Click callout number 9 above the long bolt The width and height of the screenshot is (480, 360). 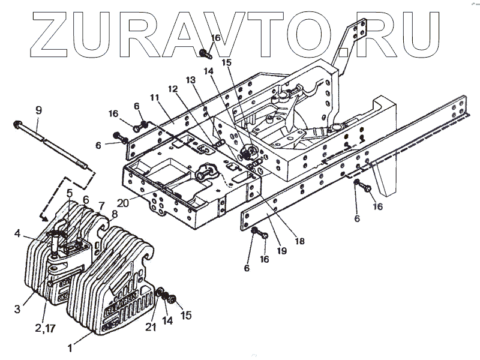pos(38,110)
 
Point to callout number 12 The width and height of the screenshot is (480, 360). pos(173,89)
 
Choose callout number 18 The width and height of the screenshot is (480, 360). pos(299,241)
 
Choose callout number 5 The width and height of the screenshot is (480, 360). pos(70,193)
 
